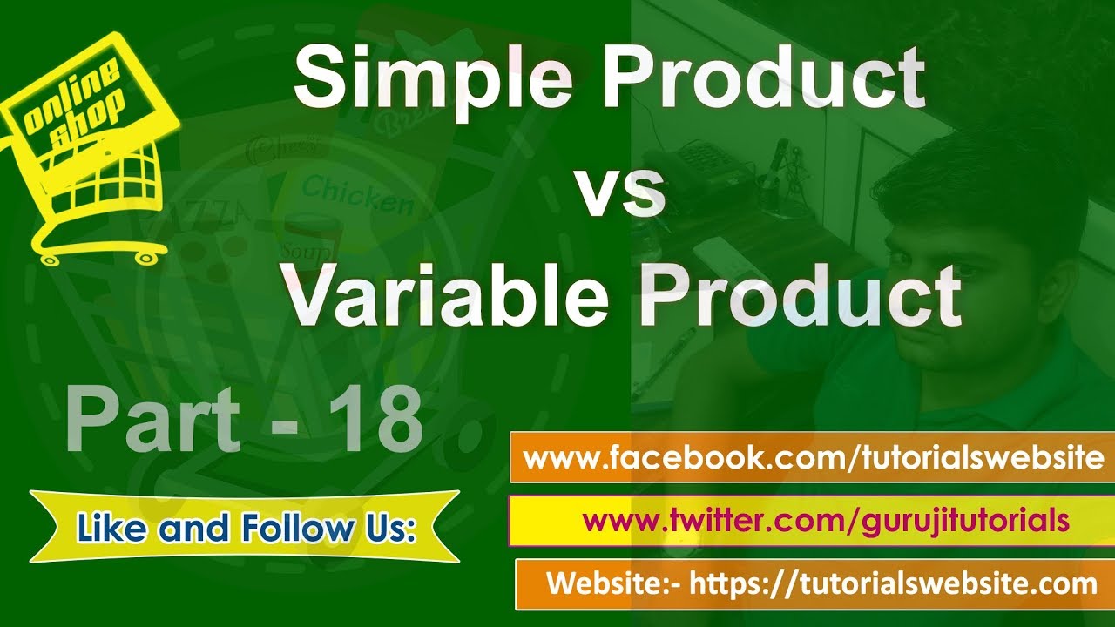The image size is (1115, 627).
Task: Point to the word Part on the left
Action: [x=152, y=421]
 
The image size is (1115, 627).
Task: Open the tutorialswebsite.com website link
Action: [x=893, y=583]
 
